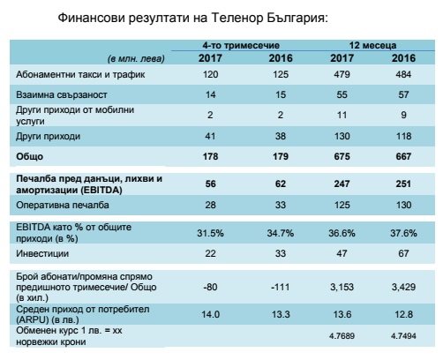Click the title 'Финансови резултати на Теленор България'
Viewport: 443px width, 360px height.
(x=192, y=19)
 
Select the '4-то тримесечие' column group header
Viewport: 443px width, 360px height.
(x=241, y=45)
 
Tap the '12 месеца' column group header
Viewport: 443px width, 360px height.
(x=372, y=45)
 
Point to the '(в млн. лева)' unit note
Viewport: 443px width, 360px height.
(x=136, y=59)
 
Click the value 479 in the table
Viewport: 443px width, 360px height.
(x=342, y=74)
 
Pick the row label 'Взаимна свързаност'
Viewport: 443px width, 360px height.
(x=62, y=94)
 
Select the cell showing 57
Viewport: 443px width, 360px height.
(x=403, y=94)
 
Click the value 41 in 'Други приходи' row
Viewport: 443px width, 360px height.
(x=210, y=136)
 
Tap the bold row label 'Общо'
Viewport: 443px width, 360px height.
(x=29, y=156)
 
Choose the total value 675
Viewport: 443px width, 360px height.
(x=342, y=156)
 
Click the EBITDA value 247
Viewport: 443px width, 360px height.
(x=342, y=184)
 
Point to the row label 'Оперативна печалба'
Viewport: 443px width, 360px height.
(x=63, y=205)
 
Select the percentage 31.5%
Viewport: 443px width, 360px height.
(x=210, y=233)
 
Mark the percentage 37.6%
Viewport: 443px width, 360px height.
(x=403, y=233)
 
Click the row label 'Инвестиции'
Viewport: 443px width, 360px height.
(x=42, y=253)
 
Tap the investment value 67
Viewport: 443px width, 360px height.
(x=403, y=253)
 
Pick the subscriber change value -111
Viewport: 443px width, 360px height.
(x=280, y=287)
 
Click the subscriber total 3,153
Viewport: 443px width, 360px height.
(x=342, y=287)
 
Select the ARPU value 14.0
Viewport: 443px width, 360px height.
(x=210, y=314)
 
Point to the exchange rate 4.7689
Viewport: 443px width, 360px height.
(x=342, y=336)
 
